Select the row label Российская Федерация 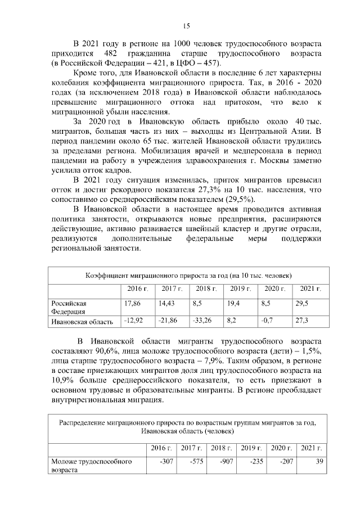pos(69,307)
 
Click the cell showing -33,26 pos(205,321)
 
